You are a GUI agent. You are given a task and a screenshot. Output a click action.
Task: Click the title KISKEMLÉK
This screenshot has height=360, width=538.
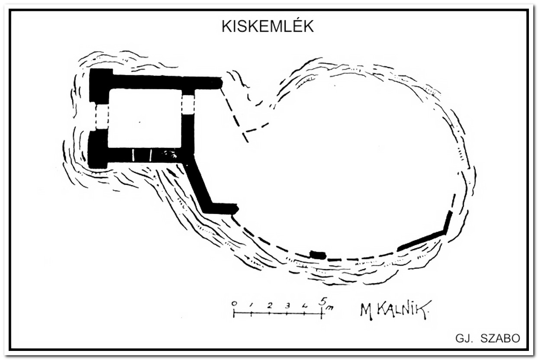[267, 26]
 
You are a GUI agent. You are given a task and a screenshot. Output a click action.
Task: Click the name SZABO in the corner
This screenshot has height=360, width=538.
[500, 338]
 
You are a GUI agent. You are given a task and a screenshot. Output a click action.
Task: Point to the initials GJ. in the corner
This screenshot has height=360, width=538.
[464, 338]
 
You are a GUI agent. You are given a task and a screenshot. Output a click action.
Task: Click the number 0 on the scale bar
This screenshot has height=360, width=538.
[234, 304]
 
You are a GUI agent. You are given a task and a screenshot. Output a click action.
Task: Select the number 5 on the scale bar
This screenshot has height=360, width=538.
[323, 302]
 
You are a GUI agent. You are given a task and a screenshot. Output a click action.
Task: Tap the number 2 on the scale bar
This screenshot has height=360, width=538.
[270, 305]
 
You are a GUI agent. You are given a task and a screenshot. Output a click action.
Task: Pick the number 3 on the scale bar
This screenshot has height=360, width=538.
[287, 305]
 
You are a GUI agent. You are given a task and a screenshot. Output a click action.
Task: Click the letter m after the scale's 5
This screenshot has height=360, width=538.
[330, 307]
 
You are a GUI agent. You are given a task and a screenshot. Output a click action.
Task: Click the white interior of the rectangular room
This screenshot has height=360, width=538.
[145, 119]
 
